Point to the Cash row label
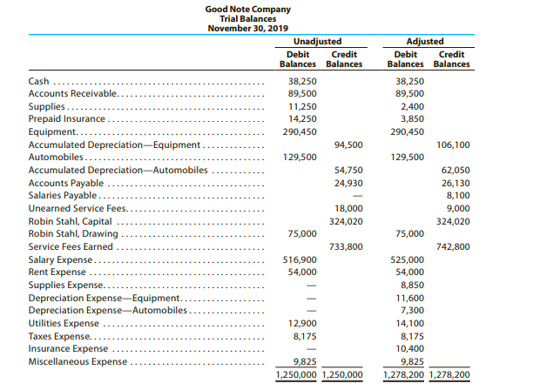(38, 81)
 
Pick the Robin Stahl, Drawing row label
(71, 233)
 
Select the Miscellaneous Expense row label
(78, 360)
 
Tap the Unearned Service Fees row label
(77, 208)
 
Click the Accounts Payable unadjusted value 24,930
(349, 183)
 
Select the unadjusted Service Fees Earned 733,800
(347, 246)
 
